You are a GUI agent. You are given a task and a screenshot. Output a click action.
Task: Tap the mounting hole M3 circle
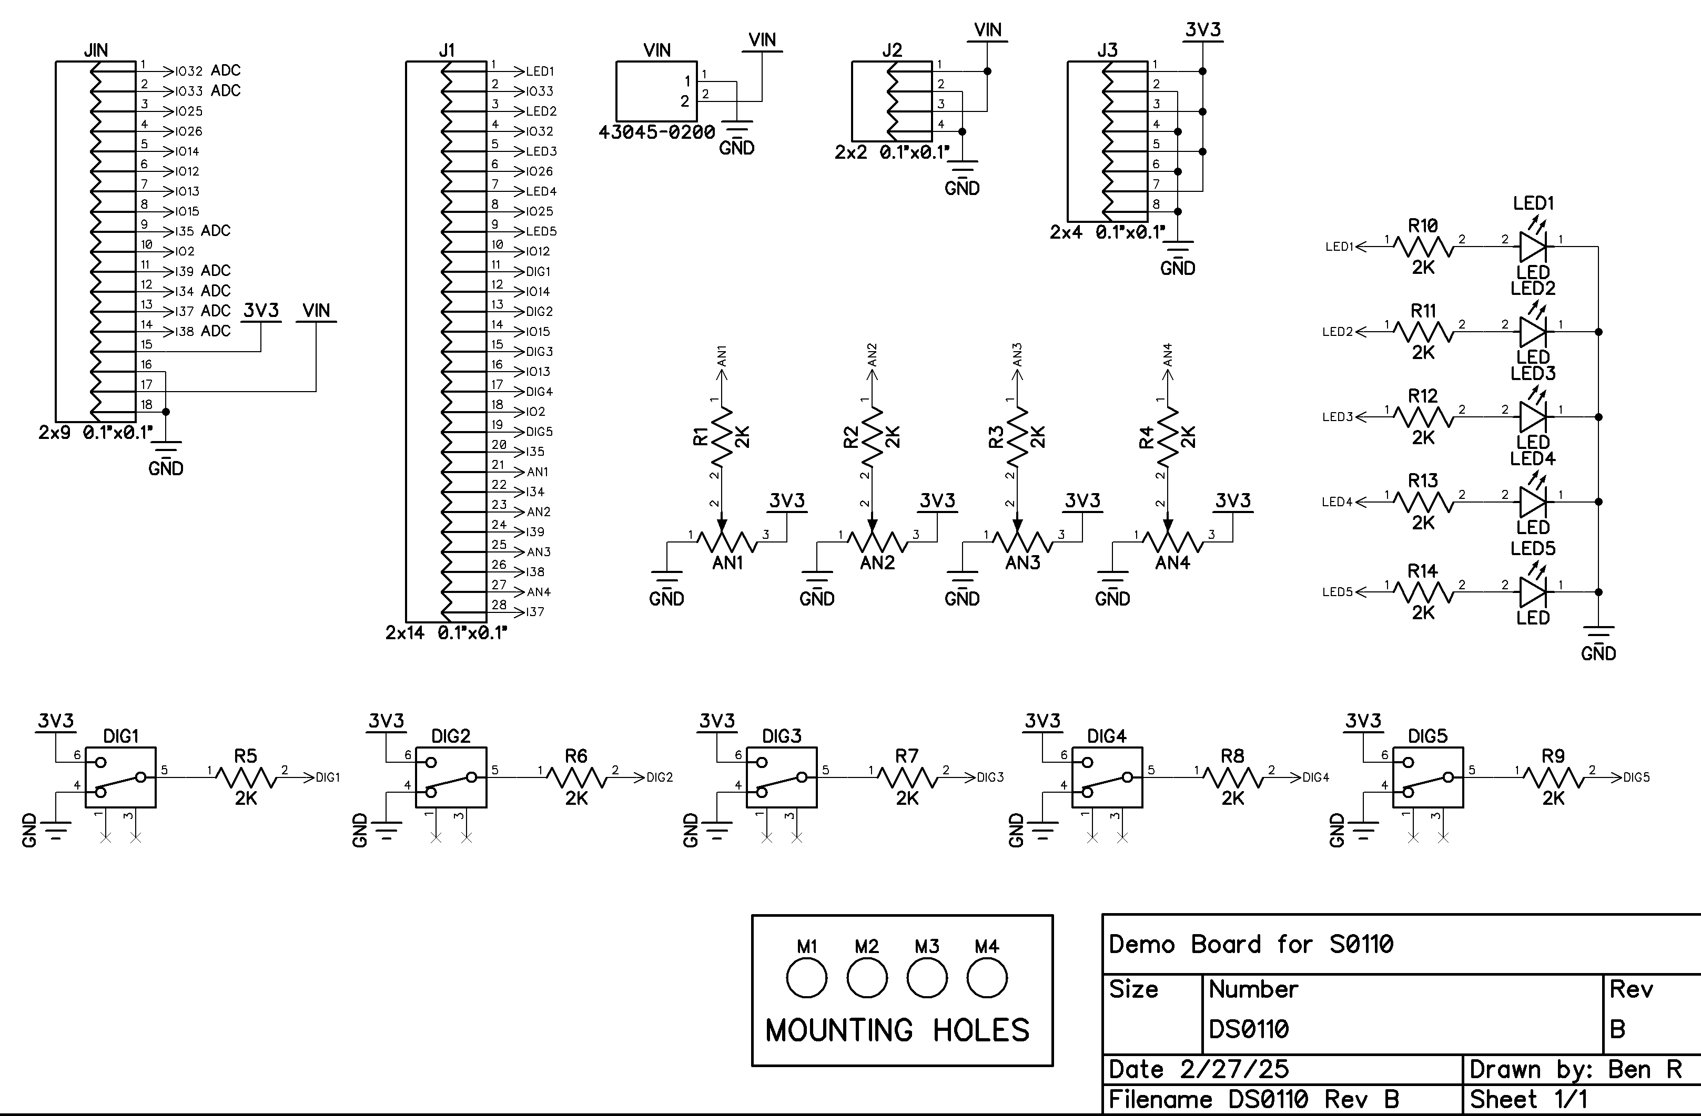coord(927,978)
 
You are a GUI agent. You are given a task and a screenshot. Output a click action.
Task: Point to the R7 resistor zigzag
coord(907,777)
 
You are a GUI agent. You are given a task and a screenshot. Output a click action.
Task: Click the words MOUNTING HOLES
coord(898,1030)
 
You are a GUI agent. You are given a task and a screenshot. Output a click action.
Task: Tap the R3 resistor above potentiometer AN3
coord(1018,435)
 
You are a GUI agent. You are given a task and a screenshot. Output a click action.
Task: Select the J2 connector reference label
coord(892,50)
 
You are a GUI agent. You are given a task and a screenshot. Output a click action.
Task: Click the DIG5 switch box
coord(1428,777)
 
